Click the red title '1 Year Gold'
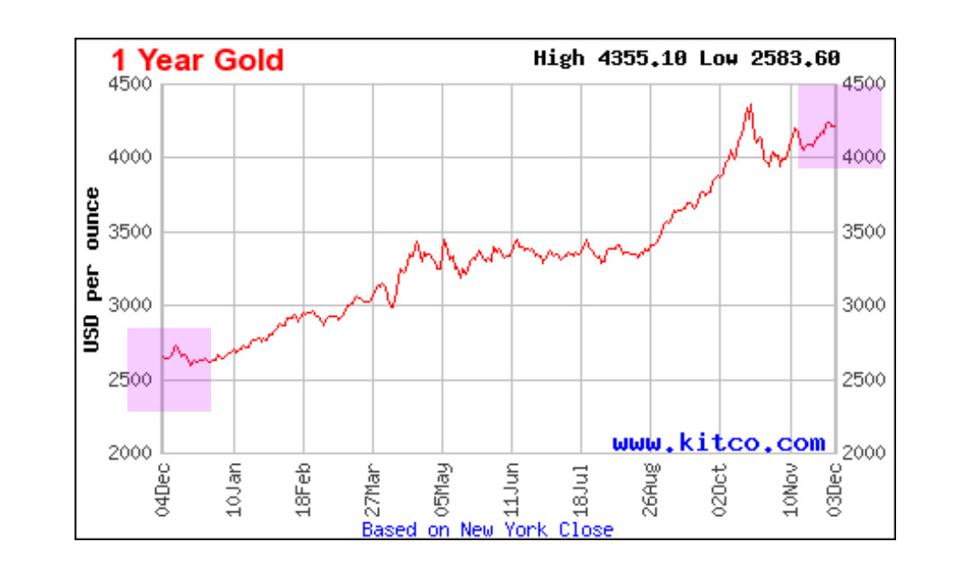tap(197, 60)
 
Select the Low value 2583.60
tap(795, 58)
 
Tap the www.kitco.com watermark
tap(718, 442)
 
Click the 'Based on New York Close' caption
tap(488, 529)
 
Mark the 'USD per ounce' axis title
tap(92, 270)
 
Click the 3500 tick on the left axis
tap(133, 232)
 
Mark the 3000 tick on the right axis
tap(863, 305)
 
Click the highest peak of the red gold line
tap(750, 105)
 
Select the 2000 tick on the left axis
tap(133, 453)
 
